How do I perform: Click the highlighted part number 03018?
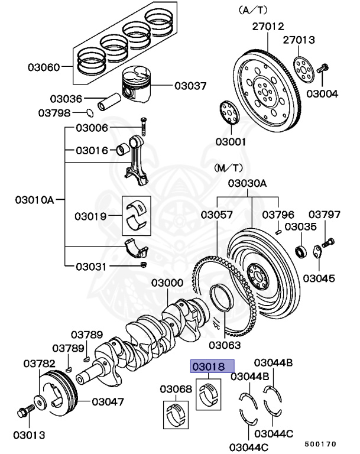[x=212, y=367]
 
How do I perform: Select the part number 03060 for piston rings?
[x=43, y=67]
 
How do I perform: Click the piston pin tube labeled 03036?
[x=111, y=100]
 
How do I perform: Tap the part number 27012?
[x=268, y=27]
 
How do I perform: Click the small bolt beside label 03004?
[x=323, y=69]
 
